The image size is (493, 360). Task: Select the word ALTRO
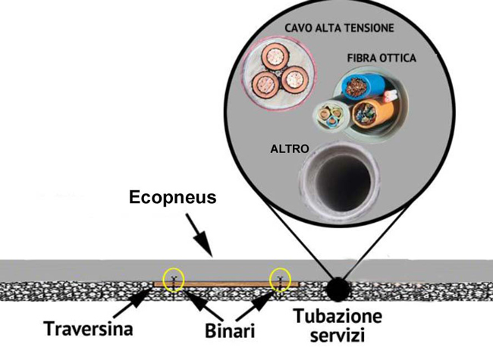(290, 149)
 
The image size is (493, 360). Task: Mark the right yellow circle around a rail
(281, 280)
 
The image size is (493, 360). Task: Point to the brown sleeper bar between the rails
(228, 285)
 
